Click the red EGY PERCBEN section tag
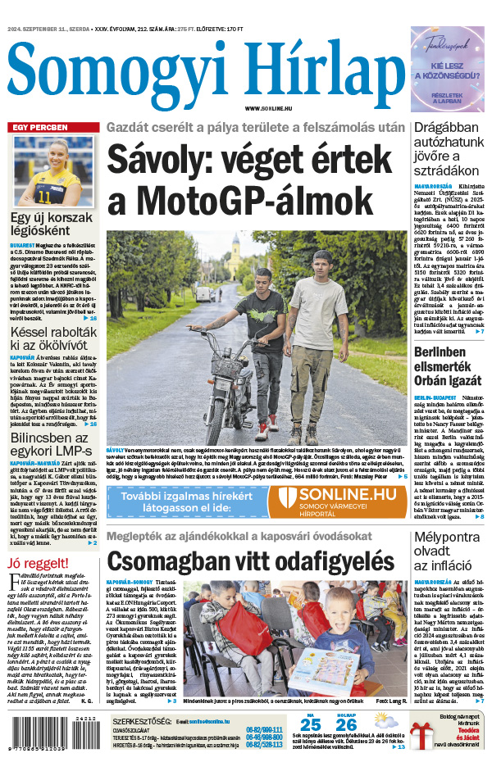(x=38, y=128)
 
